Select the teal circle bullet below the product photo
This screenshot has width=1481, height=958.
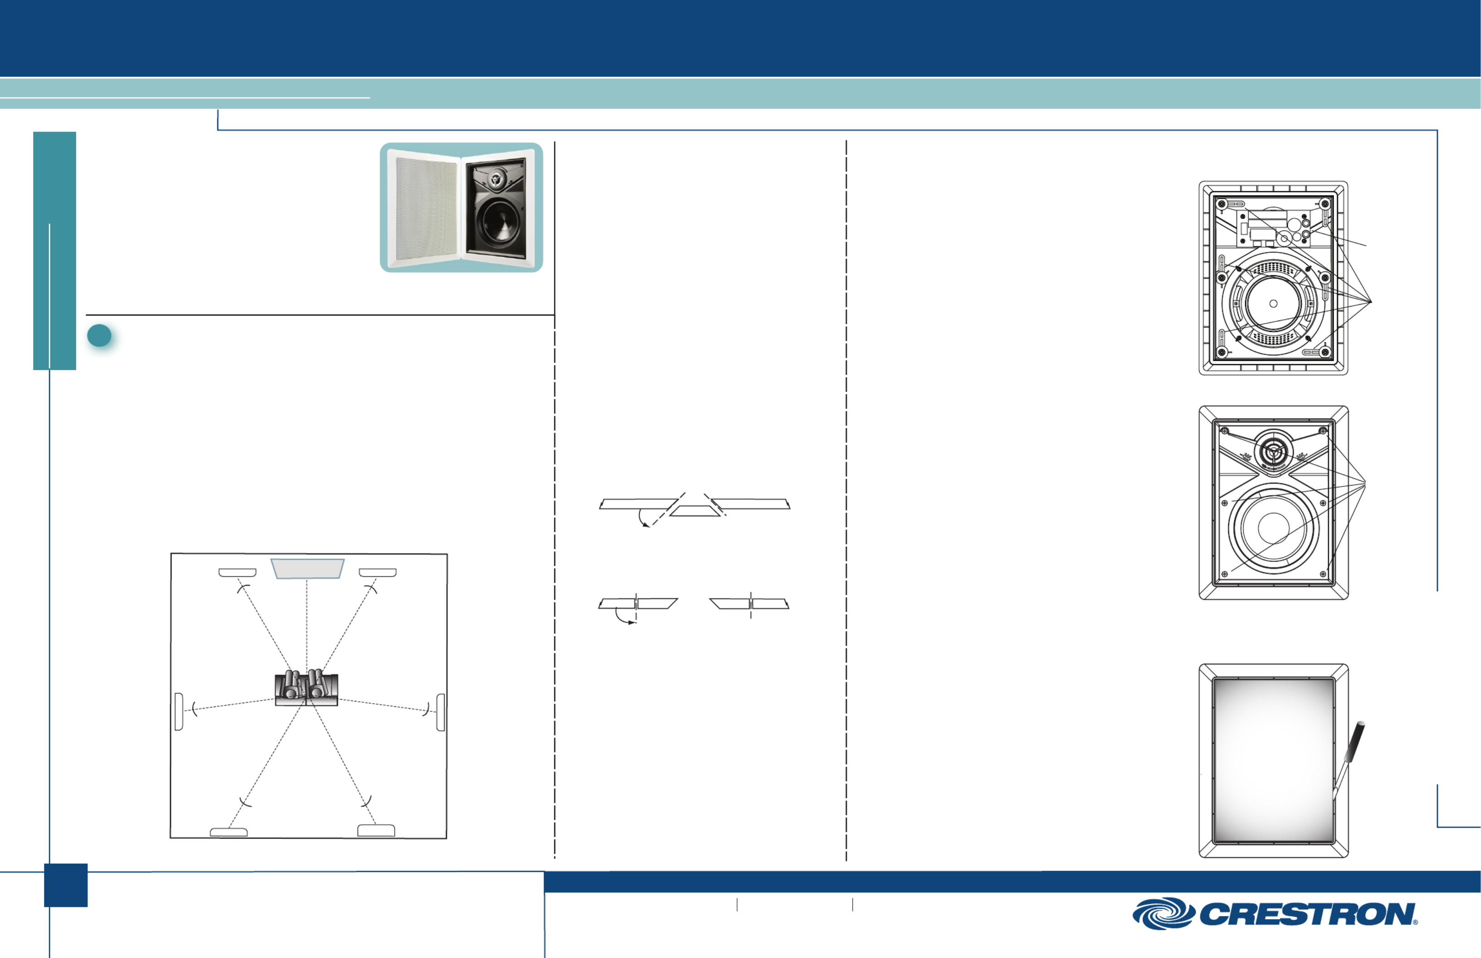click(x=99, y=336)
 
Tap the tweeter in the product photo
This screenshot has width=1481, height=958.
click(x=495, y=179)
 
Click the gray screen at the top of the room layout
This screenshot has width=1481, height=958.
click(x=308, y=568)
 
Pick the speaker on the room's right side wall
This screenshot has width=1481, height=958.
click(x=440, y=712)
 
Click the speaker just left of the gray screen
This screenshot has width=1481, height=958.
click(x=238, y=572)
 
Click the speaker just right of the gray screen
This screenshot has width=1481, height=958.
click(x=378, y=572)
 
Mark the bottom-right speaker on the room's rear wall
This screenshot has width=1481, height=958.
click(x=376, y=831)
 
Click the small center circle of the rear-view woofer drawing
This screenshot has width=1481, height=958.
click(x=1273, y=304)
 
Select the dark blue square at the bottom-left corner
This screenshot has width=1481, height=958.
click(x=65, y=885)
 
